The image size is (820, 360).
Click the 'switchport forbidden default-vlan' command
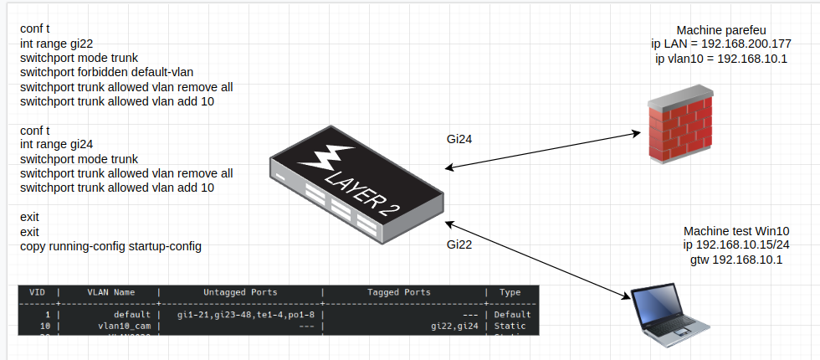[107, 72]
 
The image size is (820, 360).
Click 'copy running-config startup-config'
[110, 247]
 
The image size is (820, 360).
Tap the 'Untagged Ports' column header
[240, 293]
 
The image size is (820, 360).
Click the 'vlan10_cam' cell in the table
[125, 325]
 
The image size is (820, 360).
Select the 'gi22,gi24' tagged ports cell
[456, 325]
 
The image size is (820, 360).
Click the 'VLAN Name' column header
[110, 293]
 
